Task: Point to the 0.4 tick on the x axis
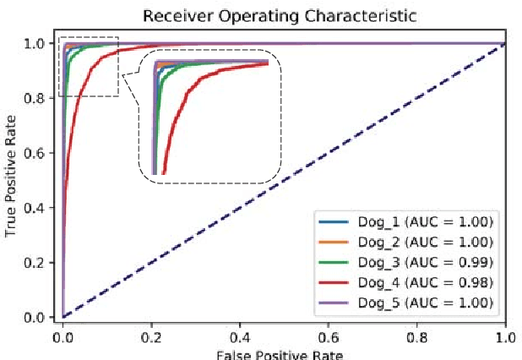[240, 335]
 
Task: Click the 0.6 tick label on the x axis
[329, 335]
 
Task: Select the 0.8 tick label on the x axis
[417, 335]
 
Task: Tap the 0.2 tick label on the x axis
[151, 335]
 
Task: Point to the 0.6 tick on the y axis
[35, 153]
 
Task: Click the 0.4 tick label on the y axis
[35, 208]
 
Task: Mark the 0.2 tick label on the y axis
[35, 263]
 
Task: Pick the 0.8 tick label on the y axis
[35, 98]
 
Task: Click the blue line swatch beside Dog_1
[333, 222]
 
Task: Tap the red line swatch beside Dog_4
[333, 282]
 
